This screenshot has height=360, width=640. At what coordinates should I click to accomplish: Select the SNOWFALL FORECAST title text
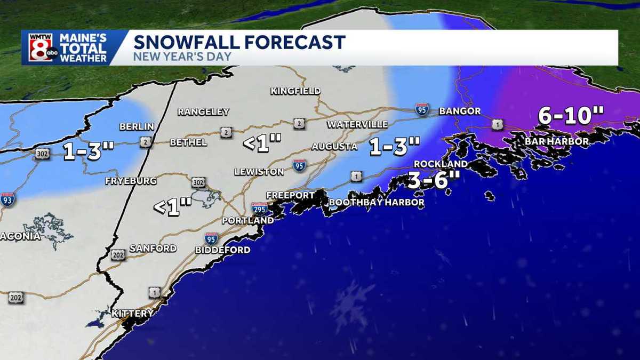coord(239,42)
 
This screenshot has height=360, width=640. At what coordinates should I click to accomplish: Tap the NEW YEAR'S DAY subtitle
coord(174,56)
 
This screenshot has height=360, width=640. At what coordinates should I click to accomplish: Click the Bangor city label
coord(459,111)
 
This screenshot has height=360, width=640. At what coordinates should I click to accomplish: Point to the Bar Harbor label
coord(556,141)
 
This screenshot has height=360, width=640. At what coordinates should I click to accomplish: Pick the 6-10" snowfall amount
coord(571,115)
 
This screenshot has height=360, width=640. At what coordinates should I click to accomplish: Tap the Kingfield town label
coord(295,91)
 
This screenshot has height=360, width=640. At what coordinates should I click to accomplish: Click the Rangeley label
coord(203,112)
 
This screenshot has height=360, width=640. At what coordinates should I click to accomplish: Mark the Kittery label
coord(132,313)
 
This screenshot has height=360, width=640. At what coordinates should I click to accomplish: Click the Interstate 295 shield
coord(260,207)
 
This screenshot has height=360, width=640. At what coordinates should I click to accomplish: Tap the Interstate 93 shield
coord(7,199)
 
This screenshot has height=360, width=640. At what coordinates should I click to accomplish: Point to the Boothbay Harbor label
coord(377,203)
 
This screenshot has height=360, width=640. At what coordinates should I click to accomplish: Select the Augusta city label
coord(334,147)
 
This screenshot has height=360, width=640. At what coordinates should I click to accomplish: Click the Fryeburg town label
coord(131,181)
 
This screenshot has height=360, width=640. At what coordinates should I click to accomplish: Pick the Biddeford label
coord(222,250)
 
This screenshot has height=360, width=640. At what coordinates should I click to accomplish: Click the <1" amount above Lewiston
coord(262,143)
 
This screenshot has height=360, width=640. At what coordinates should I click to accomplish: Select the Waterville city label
coord(357,124)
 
